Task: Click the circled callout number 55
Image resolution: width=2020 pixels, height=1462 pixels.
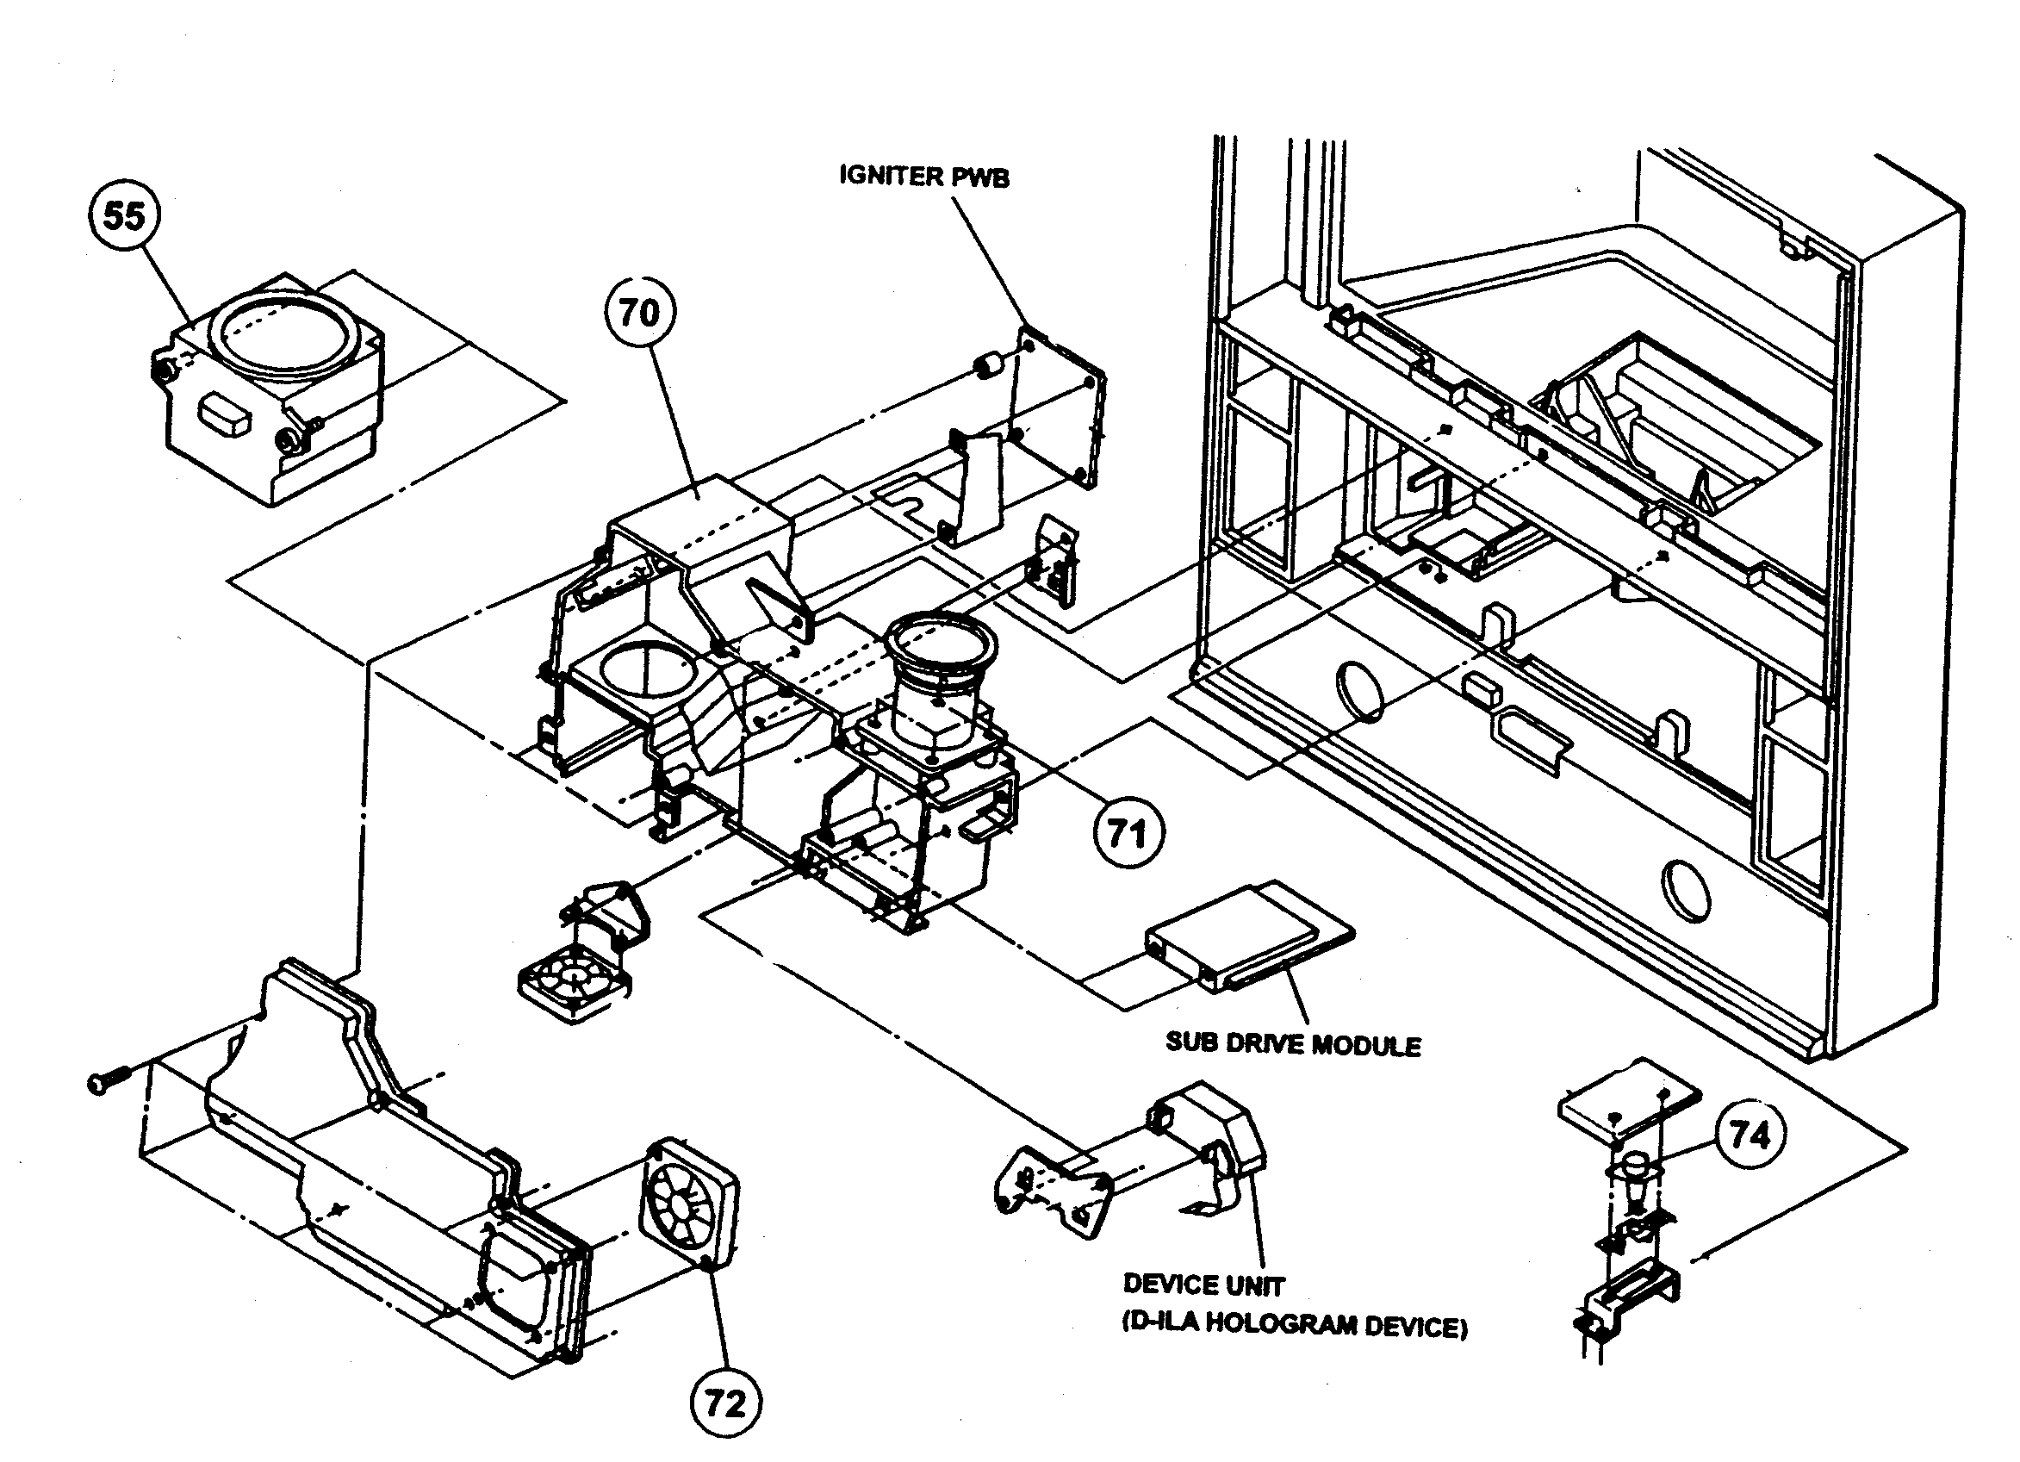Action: [x=124, y=215]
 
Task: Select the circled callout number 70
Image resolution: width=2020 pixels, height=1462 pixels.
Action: [x=639, y=312]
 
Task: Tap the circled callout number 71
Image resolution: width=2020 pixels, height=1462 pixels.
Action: [x=1128, y=834]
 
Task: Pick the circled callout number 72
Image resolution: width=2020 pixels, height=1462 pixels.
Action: [x=725, y=1404]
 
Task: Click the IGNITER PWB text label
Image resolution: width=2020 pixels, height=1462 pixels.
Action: [x=924, y=176]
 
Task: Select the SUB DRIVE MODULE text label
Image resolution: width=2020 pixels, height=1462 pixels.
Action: [x=1293, y=1044]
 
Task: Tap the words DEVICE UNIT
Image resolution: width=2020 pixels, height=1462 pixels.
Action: [x=1203, y=1285]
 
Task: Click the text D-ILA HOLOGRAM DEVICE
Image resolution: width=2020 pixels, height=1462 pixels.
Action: [x=1294, y=1327]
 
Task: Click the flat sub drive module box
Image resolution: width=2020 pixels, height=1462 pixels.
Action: [x=1247, y=937]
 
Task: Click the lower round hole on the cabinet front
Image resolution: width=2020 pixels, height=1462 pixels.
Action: [x=1686, y=890]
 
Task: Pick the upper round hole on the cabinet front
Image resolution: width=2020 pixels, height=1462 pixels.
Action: [x=1360, y=689]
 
